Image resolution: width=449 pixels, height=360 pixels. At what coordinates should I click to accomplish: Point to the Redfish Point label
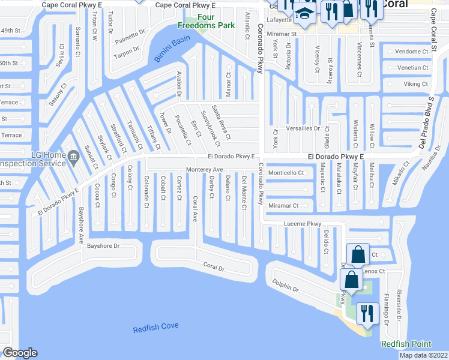[406, 344]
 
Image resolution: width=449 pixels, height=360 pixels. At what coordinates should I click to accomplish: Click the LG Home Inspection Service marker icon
[73, 158]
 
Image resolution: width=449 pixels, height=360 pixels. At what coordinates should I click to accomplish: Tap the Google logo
[20, 353]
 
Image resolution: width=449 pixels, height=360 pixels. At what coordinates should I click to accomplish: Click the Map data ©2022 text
[423, 355]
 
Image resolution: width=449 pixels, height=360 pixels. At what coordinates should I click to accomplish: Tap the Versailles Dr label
[304, 128]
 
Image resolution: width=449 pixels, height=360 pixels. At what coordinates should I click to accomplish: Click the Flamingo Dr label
[386, 306]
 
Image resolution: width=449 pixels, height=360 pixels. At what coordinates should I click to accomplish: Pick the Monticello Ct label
[286, 173]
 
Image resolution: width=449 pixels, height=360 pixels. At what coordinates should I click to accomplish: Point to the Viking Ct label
[415, 84]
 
